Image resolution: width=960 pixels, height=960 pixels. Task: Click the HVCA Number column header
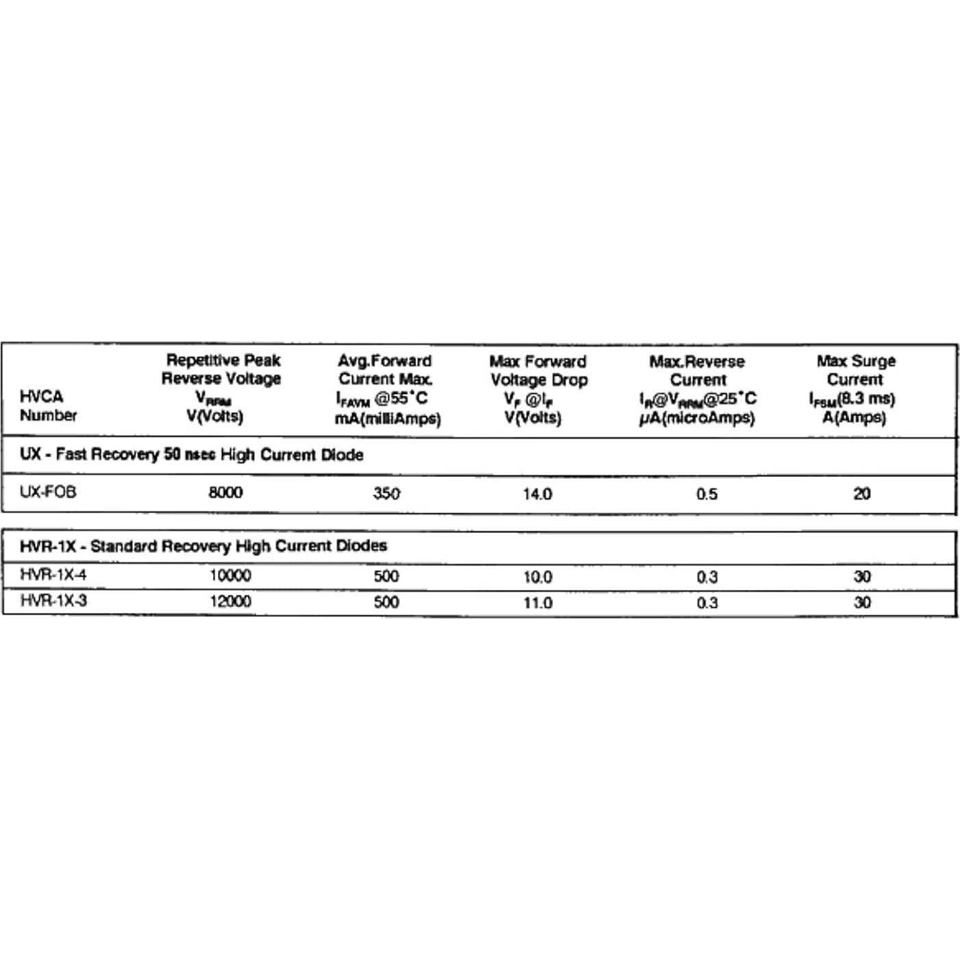click(48, 406)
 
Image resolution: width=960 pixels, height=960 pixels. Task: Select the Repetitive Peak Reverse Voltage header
click(221, 388)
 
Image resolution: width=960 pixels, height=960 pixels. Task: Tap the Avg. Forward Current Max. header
click(386, 389)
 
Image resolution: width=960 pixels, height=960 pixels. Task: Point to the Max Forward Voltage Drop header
click(538, 389)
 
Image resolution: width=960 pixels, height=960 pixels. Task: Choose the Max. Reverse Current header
click(698, 389)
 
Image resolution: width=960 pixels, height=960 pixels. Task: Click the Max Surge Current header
click(854, 389)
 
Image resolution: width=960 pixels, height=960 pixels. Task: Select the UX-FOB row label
click(48, 492)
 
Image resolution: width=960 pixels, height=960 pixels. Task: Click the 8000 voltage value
click(225, 493)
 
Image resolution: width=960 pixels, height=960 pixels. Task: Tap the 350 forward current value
click(386, 493)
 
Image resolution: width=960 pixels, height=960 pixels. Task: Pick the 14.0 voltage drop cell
click(537, 494)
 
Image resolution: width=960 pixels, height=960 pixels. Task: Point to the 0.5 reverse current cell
click(706, 494)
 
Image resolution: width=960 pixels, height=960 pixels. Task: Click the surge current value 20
click(862, 493)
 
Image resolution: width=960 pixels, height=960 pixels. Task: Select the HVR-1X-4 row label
click(53, 575)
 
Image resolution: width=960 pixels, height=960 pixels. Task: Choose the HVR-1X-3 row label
click(53, 601)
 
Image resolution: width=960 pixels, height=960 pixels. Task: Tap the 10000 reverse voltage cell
click(230, 576)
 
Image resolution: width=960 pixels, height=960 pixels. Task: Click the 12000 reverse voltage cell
click(230, 602)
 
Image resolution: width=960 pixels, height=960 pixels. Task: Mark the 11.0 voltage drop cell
click(537, 603)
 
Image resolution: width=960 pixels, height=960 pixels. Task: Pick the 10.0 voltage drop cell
click(537, 577)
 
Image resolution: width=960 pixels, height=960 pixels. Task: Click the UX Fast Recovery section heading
click(192, 455)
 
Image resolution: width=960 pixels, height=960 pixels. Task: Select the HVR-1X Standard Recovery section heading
click(204, 546)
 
